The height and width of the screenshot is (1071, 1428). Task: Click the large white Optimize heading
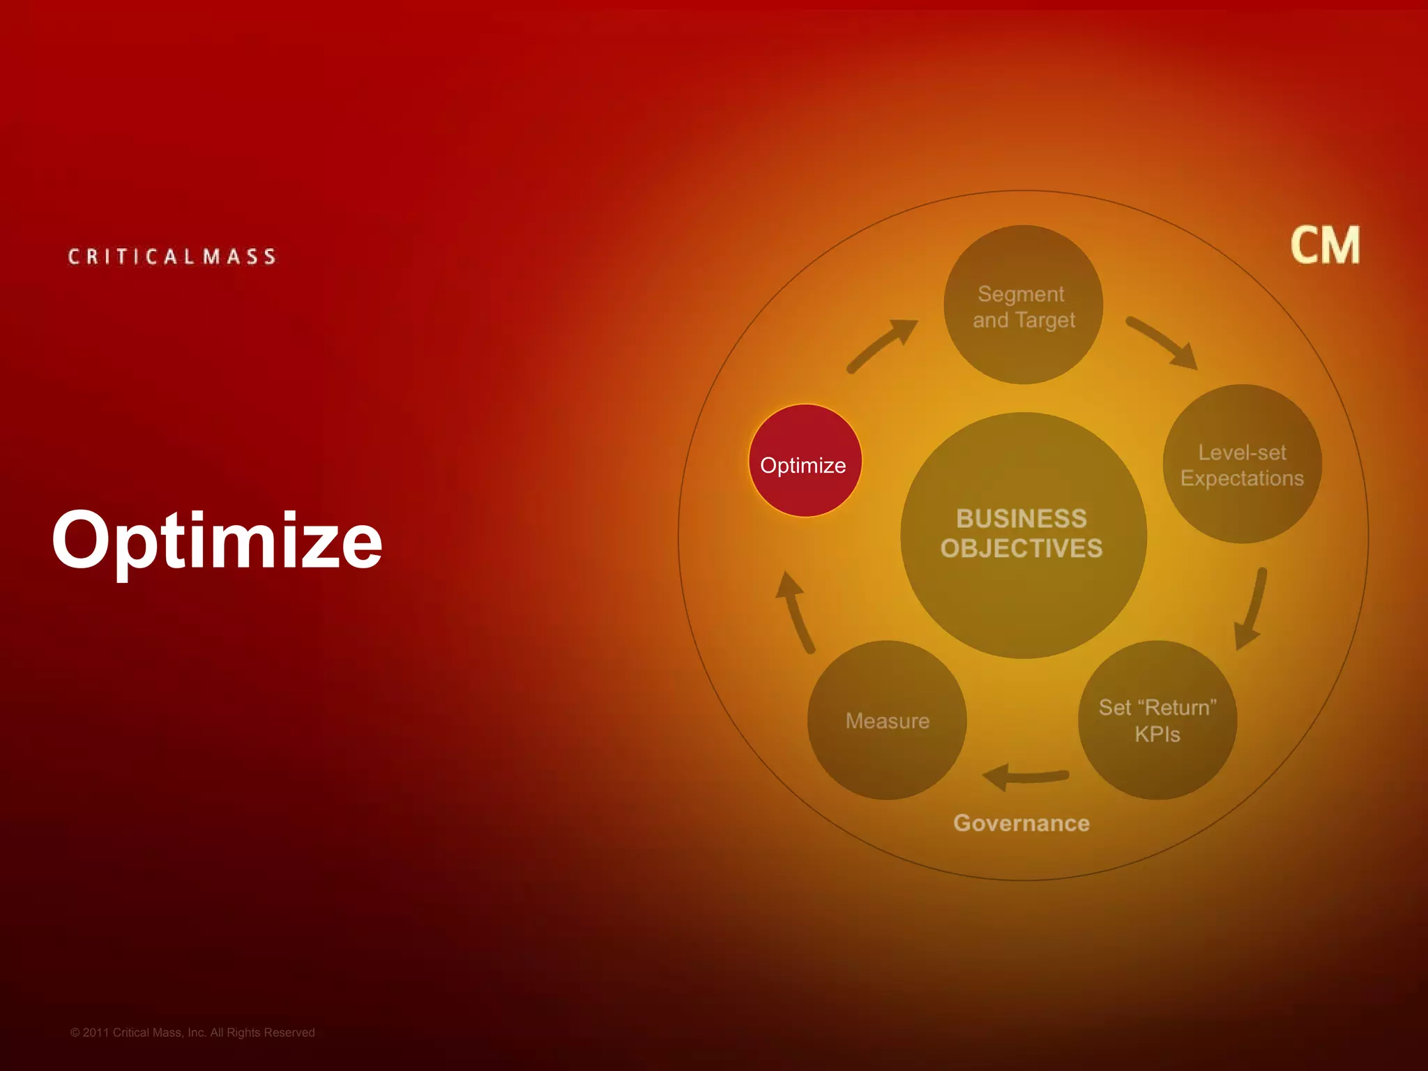pos(217,541)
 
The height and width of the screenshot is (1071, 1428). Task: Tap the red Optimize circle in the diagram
pos(805,462)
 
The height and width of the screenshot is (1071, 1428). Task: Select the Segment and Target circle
pos(1023,305)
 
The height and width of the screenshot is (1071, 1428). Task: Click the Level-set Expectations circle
pos(1242,464)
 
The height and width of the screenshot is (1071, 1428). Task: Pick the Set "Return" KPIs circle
pos(1157,720)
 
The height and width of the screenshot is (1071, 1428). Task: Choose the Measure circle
pos(887,720)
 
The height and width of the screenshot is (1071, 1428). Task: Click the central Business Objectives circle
pos(1023,535)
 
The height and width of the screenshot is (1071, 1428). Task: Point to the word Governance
pos(1021,823)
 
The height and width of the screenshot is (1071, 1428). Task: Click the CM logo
pos(1325,245)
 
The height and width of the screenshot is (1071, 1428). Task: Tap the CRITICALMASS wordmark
pos(172,257)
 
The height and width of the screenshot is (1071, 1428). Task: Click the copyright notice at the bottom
pos(192,1033)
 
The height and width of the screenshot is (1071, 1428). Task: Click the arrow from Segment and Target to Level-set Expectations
pos(1162,342)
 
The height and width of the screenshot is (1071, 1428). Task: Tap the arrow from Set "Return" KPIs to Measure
pos(1025,777)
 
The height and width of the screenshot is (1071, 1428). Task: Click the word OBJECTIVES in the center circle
pos(1021,549)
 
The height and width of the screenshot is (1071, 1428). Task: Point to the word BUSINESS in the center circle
pos(1021,519)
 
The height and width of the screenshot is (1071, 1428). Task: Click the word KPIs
pos(1157,734)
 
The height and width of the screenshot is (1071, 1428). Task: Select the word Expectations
pos(1242,479)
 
